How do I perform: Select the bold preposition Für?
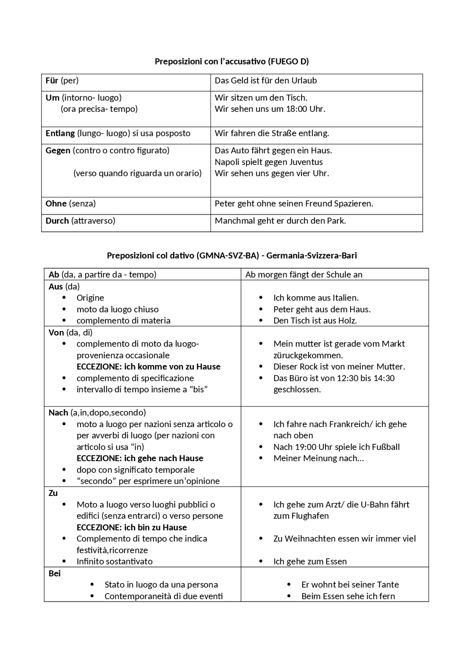click(52, 80)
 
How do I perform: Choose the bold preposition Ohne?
click(56, 204)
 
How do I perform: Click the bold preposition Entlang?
click(60, 133)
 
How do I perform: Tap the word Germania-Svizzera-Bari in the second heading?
click(311, 256)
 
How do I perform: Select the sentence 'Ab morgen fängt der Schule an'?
click(304, 275)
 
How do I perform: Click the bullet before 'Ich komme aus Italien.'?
click(261, 298)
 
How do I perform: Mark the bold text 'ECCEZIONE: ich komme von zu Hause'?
click(148, 367)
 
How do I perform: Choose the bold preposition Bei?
click(54, 573)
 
